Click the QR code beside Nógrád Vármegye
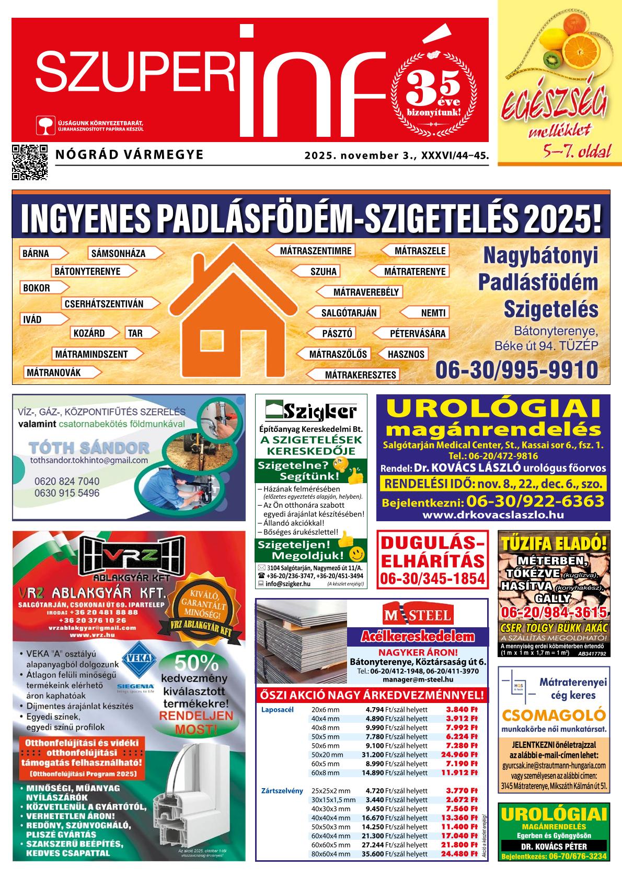click(29, 162)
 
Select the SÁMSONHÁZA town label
click(118, 254)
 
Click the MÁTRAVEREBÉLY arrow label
click(365, 292)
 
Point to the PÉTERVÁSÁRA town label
click(417, 333)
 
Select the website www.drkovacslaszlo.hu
click(493, 514)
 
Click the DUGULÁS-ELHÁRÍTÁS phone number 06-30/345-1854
click(433, 579)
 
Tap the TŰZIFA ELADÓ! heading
click(553, 543)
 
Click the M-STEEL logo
click(418, 616)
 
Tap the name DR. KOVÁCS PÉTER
click(554, 847)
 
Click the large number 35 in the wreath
click(433, 84)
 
